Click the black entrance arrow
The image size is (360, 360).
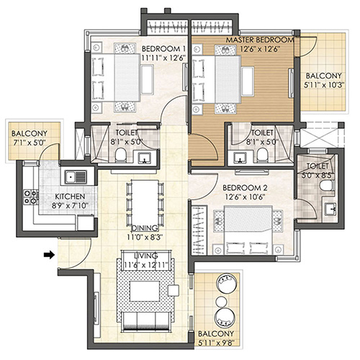coord(49,255)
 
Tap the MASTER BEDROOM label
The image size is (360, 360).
coord(260,40)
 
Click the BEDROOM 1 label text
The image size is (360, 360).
coord(163,49)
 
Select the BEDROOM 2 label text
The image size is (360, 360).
coord(245,188)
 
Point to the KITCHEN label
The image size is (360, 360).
coord(70,197)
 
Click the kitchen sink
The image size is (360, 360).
coord(76,177)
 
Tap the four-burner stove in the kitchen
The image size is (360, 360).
coord(31,197)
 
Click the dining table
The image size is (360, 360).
coord(145,204)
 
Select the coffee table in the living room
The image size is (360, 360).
coord(145,291)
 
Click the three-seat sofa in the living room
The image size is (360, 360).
coord(146,320)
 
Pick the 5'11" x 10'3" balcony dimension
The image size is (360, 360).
coord(324,85)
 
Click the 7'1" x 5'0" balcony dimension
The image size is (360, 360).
coord(30,143)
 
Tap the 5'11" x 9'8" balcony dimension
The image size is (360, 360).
coord(216,343)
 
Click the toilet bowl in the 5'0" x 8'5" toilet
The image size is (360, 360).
coord(327,186)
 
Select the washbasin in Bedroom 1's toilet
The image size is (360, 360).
coord(144,158)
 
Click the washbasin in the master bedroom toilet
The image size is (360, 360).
coord(240,158)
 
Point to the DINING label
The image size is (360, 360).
coord(145,228)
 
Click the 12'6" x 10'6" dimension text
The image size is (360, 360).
coord(245,197)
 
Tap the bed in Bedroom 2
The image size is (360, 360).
coord(248,230)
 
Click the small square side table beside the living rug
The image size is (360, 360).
coord(174,290)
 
